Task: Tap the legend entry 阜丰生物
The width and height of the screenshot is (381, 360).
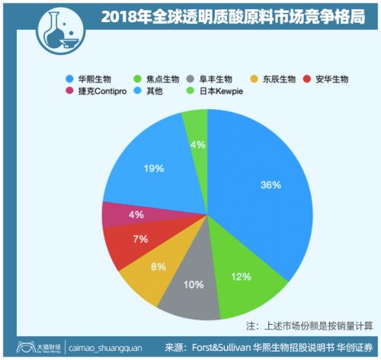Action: pyautogui.click(x=212, y=79)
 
